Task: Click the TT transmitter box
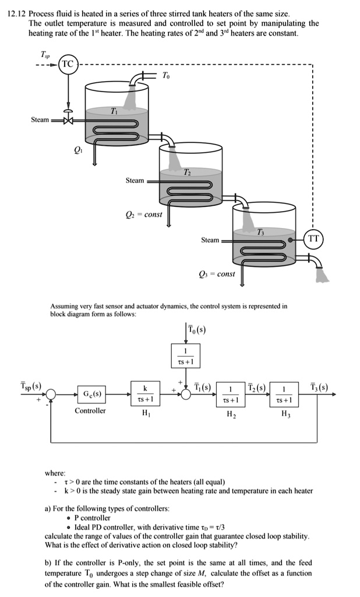(313, 239)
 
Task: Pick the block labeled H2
(231, 395)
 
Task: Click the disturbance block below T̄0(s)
(185, 356)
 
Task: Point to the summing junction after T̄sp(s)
(52, 395)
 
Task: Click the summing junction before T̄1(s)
(185, 395)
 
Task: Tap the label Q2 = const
(144, 214)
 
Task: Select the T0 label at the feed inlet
(167, 76)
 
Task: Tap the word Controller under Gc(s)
(90, 411)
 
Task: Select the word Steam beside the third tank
(210, 240)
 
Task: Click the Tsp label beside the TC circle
(45, 54)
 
